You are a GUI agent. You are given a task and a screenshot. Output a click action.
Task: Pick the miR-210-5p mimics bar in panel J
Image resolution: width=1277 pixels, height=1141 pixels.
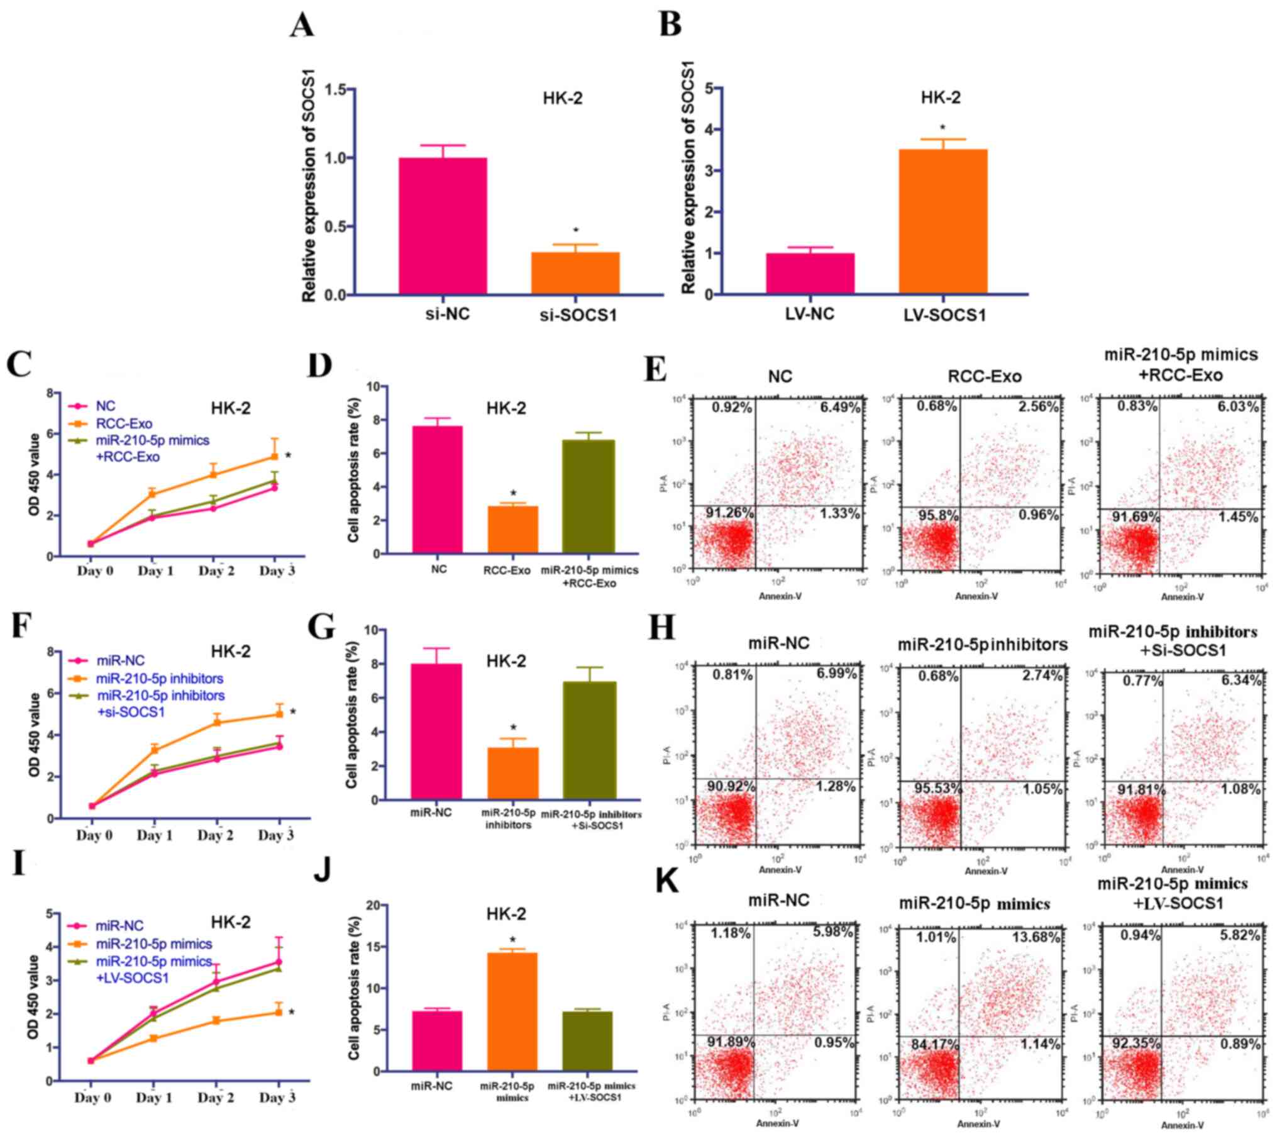pos(512,1011)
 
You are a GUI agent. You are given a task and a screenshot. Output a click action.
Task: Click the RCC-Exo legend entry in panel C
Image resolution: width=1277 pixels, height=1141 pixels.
pos(123,424)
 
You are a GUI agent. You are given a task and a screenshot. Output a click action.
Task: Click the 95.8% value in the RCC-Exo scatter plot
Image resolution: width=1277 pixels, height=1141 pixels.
pos(937,515)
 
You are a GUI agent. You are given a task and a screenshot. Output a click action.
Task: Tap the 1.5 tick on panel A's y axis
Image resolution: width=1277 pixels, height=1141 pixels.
pos(336,90)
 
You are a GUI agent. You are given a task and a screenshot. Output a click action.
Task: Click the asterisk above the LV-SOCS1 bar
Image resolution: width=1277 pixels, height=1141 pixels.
pos(943,128)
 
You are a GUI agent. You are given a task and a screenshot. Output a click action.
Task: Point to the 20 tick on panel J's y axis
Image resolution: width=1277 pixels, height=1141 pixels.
pos(373,905)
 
